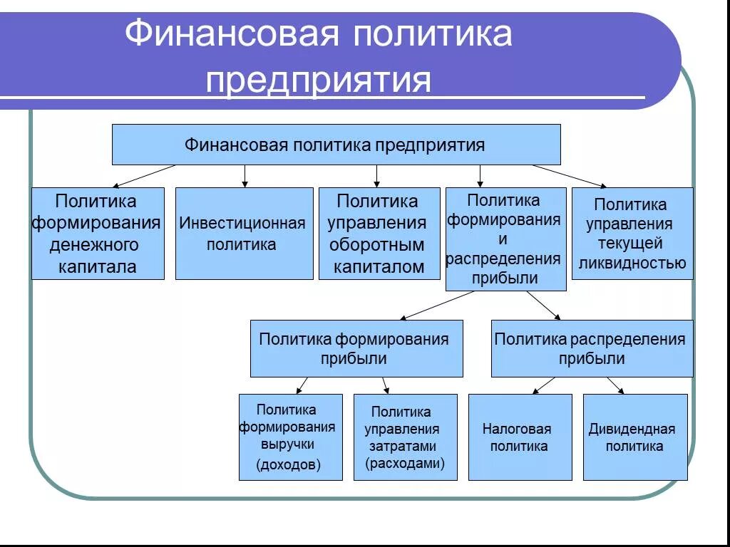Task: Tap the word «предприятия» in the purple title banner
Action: tap(319, 80)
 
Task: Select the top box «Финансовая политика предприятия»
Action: tap(336, 145)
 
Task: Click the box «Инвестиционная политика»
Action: tap(244, 234)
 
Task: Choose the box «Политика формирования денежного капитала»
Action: tap(98, 234)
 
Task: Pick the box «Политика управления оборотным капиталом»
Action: tap(379, 234)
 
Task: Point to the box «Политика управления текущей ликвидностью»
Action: tap(632, 234)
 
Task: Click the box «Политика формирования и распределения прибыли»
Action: tap(505, 239)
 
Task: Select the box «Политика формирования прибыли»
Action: tap(356, 348)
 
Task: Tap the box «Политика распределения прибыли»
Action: tap(592, 348)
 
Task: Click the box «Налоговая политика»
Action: tap(520, 437)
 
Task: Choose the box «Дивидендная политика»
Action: tap(634, 437)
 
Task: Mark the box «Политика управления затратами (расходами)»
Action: tap(405, 437)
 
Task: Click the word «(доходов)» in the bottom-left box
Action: tap(289, 465)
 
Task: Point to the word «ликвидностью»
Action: tap(632, 264)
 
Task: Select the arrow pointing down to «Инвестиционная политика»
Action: tap(245, 176)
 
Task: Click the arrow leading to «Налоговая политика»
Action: tap(543, 385)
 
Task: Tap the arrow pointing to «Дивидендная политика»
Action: tap(615, 385)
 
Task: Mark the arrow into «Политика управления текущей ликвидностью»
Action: tap(570, 176)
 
